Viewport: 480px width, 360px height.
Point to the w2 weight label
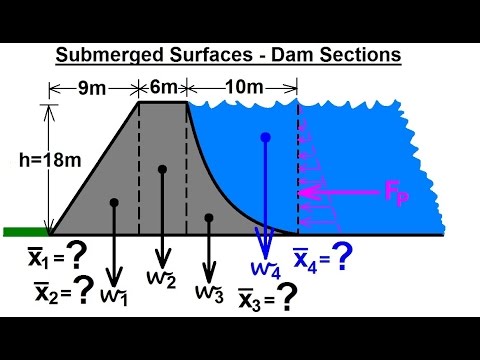(164, 277)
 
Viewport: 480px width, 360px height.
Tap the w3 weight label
(208, 293)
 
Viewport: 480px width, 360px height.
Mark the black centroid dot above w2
(162, 169)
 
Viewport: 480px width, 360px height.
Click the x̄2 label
(47, 292)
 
